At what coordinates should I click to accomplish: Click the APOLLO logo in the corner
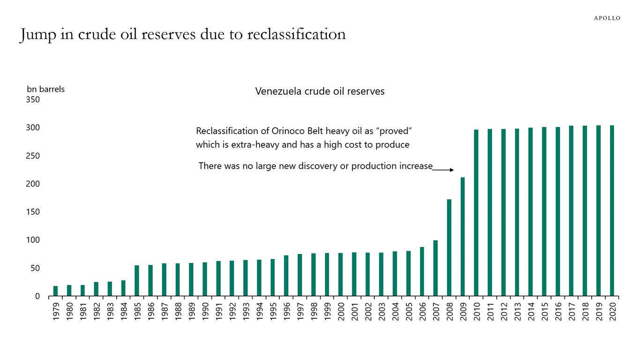pos(607,18)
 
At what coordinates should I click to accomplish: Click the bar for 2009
pos(462,237)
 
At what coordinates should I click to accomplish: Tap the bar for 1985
pos(137,281)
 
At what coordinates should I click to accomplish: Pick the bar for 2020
pos(612,211)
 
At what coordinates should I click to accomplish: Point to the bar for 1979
pos(55,291)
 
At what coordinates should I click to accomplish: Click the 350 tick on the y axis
pos(33,99)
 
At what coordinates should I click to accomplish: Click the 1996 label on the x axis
pos(286,311)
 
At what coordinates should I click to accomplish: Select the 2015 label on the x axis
pos(544,311)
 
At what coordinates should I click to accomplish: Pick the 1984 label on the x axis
pos(124,311)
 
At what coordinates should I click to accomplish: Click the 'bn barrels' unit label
pos(45,89)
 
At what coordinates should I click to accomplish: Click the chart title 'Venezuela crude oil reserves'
pos(320,91)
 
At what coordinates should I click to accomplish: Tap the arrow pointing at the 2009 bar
pos(443,170)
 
